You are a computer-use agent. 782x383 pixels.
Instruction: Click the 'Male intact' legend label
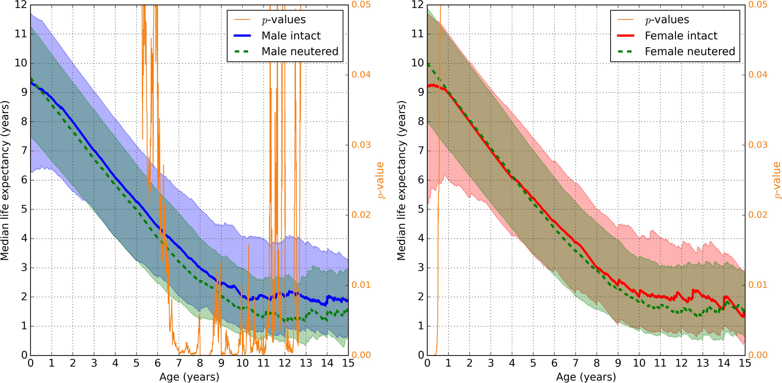(291, 36)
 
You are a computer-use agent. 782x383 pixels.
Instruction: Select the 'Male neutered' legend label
(300, 52)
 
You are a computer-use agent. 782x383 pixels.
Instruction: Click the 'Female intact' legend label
(681, 36)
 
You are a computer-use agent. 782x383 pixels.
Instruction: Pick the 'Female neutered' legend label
(690, 52)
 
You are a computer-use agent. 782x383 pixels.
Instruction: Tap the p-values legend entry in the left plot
(283, 20)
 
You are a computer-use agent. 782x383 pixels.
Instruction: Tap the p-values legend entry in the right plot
(667, 20)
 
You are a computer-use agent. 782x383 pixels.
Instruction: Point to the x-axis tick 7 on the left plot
(179, 364)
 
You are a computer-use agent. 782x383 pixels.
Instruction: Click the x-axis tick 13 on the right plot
(702, 364)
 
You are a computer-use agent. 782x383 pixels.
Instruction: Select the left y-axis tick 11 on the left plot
(21, 34)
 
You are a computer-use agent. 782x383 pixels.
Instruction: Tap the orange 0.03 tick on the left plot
(361, 145)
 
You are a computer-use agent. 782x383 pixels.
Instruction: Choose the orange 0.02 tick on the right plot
(758, 215)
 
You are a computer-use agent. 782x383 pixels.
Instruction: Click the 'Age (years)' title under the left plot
(189, 377)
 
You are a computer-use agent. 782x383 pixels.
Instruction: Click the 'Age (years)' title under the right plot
(586, 377)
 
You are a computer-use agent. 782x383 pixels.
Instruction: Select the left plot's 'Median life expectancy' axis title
(5, 180)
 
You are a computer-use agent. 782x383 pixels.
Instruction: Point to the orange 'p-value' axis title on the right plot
(776, 180)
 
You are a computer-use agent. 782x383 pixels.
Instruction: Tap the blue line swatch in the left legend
(243, 36)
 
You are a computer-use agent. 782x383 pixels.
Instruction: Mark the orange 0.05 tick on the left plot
(361, 5)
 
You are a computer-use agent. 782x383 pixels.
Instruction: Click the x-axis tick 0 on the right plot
(427, 364)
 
